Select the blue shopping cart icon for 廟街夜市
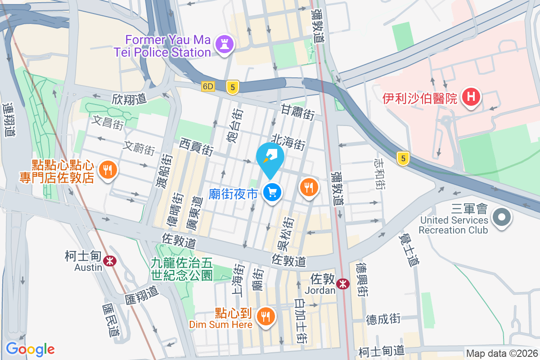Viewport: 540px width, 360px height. coord(272,193)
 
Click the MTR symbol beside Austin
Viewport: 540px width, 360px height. coord(108,260)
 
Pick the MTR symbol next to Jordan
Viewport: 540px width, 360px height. coord(343,283)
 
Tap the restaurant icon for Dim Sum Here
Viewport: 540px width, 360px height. coord(266,316)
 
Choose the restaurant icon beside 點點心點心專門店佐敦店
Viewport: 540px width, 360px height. coord(107,170)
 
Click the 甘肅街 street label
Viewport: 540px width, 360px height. coord(297,112)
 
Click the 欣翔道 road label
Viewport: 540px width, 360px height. coord(130,99)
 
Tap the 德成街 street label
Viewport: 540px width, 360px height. coord(383,319)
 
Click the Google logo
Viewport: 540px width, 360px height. coord(30,349)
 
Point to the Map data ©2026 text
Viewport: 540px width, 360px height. coord(501,354)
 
